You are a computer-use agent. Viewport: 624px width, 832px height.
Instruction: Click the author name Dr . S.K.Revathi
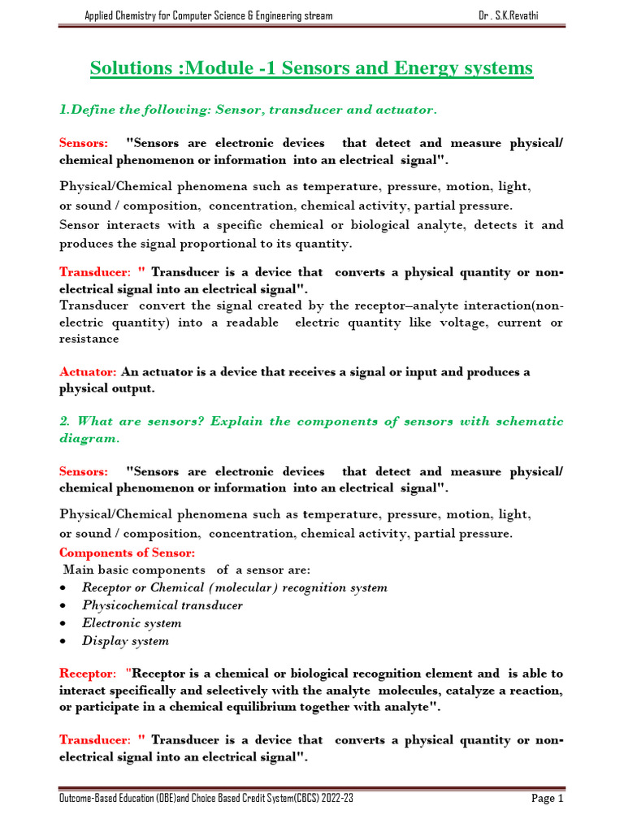tap(519, 16)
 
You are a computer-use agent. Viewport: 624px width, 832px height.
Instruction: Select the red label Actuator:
tap(89, 372)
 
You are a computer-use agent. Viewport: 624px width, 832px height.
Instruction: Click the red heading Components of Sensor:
tap(127, 552)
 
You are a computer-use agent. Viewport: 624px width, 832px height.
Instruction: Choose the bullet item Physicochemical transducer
tap(162, 605)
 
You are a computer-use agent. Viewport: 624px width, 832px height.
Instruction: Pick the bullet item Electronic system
tap(132, 623)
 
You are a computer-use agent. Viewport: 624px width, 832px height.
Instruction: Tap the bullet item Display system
tap(125, 641)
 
